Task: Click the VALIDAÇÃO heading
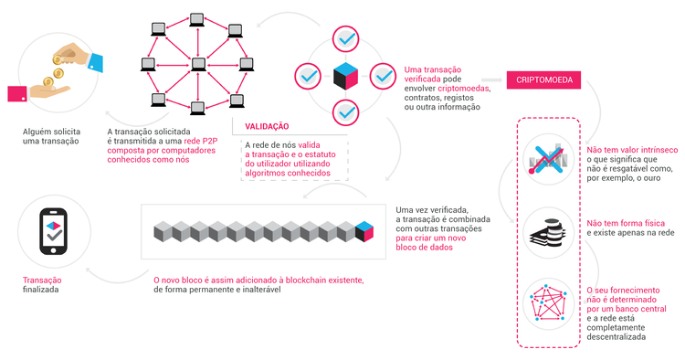click(x=268, y=126)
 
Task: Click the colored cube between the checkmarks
click(x=346, y=76)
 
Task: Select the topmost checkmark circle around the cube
click(x=346, y=39)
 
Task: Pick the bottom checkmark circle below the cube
click(x=346, y=112)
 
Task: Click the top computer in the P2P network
click(x=195, y=18)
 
